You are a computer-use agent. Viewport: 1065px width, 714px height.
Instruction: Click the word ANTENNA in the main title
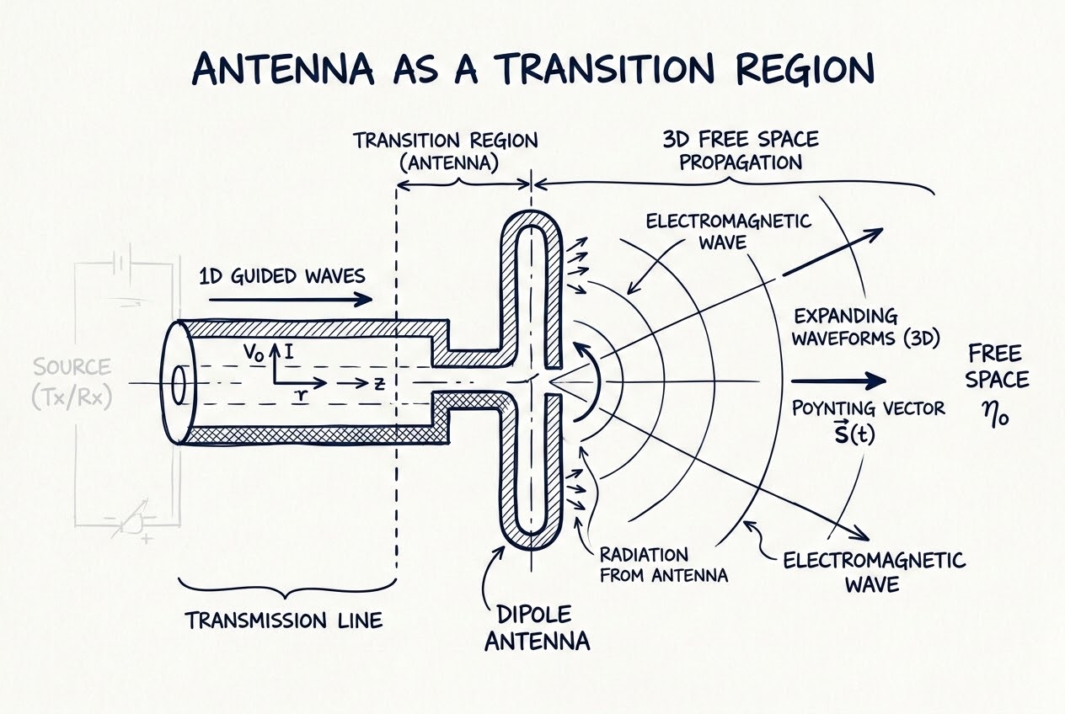282,69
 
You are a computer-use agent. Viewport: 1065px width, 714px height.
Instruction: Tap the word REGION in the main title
805,69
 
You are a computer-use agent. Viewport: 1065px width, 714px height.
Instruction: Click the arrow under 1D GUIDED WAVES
291,299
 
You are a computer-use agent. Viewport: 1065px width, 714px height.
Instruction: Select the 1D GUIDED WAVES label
282,276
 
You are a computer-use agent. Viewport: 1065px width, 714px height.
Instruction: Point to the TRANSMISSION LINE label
283,621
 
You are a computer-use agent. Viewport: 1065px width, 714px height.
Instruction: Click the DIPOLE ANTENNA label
538,627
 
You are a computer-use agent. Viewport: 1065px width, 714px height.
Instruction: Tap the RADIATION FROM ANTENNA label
664,565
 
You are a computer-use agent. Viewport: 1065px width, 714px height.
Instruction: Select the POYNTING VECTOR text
868,408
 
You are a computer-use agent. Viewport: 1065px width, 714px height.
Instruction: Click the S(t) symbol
854,433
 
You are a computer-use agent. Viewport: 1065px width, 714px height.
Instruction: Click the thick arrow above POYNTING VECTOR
838,381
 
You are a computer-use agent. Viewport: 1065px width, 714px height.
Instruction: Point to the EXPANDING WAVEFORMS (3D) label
865,328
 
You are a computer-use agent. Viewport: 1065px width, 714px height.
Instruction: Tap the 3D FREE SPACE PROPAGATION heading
741,151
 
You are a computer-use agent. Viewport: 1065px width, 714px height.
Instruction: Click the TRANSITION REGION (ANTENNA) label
446,152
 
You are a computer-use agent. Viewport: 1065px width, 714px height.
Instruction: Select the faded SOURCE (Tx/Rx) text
72,383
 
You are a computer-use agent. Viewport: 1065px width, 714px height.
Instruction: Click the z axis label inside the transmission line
379,384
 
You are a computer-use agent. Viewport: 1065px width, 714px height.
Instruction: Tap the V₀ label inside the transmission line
254,353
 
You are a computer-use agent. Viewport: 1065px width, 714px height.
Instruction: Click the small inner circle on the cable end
179,385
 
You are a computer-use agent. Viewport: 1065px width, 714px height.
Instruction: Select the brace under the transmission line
287,589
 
